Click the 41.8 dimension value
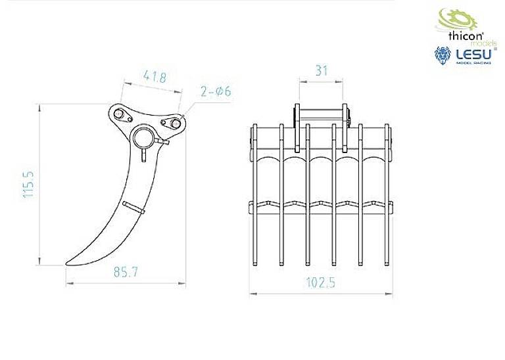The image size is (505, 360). [x=153, y=77]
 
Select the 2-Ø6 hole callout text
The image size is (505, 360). [x=217, y=92]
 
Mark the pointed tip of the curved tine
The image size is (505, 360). [x=66, y=263]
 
